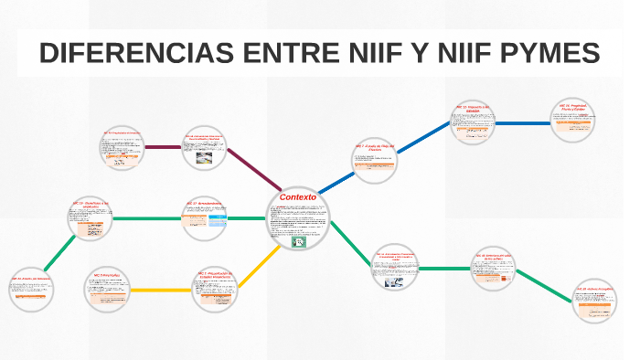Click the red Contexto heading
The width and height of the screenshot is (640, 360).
[x=297, y=196]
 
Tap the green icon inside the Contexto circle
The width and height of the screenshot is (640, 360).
[x=298, y=242]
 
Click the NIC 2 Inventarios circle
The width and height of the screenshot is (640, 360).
[x=108, y=290]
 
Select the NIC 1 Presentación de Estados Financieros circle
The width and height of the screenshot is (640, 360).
[x=217, y=287]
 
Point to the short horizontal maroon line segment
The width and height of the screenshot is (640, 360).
[x=167, y=147]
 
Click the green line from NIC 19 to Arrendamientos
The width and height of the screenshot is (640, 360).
[x=147, y=219]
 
